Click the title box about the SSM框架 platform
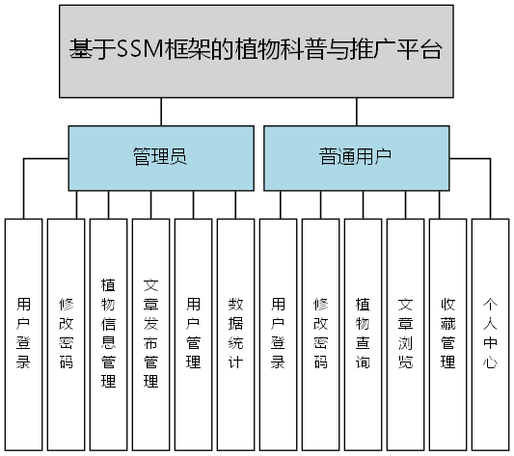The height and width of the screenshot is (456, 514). point(257,51)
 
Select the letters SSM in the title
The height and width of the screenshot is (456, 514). point(136,51)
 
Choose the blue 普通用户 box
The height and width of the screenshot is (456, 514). point(356,157)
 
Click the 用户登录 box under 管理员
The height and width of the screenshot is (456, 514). point(23,334)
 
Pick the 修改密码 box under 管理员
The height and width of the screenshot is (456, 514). point(66,334)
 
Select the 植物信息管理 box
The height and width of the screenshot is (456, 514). point(108,334)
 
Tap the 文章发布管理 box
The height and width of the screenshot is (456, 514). point(150,334)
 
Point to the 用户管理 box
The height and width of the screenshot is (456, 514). point(193,334)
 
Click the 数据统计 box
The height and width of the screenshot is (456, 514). point(235,334)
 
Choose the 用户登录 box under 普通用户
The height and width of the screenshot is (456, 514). point(278,334)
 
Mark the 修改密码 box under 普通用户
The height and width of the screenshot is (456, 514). point(320,334)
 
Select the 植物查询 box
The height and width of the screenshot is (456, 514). point(363,334)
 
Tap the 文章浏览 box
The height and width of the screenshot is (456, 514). point(405,334)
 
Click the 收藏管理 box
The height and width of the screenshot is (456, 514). point(447,334)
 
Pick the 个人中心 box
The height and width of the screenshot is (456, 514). point(490,334)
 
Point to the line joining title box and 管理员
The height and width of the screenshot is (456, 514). point(160,112)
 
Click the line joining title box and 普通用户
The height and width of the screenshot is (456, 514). point(356,112)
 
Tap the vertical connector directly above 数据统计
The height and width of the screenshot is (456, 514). point(235,204)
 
